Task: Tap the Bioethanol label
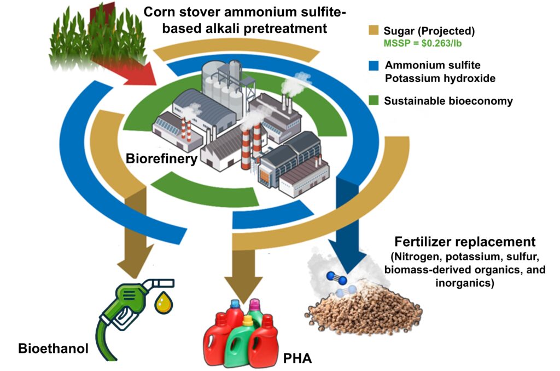click(53, 348)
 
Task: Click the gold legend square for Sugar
click(374, 31)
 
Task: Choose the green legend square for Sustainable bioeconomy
click(374, 101)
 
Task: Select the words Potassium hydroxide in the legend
click(440, 78)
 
